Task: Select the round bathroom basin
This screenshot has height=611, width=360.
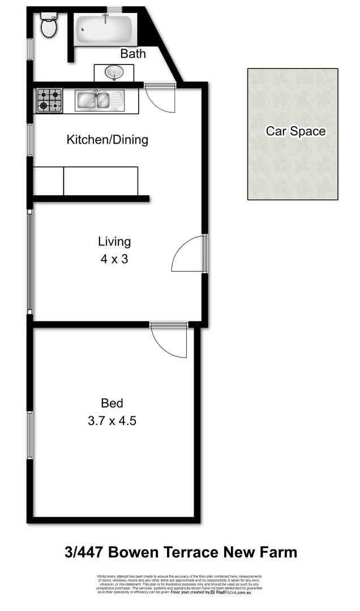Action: pyautogui.click(x=114, y=72)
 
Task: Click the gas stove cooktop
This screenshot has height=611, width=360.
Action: pyautogui.click(x=49, y=101)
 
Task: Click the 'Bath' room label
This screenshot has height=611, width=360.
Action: pyautogui.click(x=133, y=54)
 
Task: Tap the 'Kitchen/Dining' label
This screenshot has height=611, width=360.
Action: pyautogui.click(x=108, y=139)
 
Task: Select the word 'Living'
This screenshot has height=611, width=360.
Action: pyautogui.click(x=114, y=242)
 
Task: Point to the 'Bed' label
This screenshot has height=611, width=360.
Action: pyautogui.click(x=112, y=403)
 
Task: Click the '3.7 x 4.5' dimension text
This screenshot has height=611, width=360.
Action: pyautogui.click(x=112, y=421)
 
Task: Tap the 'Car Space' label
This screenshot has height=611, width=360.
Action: pyautogui.click(x=296, y=131)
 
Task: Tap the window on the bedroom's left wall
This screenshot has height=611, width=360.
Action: pyautogui.click(x=30, y=434)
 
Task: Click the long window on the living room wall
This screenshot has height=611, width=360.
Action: pyautogui.click(x=30, y=260)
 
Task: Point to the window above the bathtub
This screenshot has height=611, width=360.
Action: pyautogui.click(x=114, y=9)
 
